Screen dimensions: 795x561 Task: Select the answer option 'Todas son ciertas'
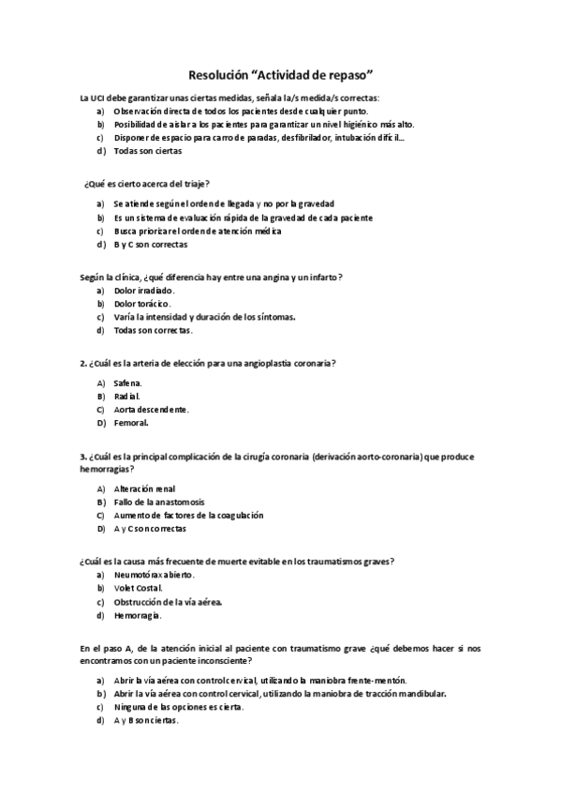(148, 151)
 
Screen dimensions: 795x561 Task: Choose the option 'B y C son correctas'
(151, 245)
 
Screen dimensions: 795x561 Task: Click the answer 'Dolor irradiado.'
(144, 291)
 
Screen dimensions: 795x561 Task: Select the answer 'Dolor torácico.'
(142, 304)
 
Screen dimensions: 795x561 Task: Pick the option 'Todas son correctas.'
(154, 330)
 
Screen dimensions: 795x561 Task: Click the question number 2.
(84, 363)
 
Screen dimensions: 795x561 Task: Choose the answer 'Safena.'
(129, 383)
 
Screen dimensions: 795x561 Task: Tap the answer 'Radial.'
(127, 397)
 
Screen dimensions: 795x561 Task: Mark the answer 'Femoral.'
(131, 423)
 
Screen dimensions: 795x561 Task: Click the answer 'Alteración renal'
(145, 488)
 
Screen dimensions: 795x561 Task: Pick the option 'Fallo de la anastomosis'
(158, 502)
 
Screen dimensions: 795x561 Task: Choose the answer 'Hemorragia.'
(138, 615)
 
